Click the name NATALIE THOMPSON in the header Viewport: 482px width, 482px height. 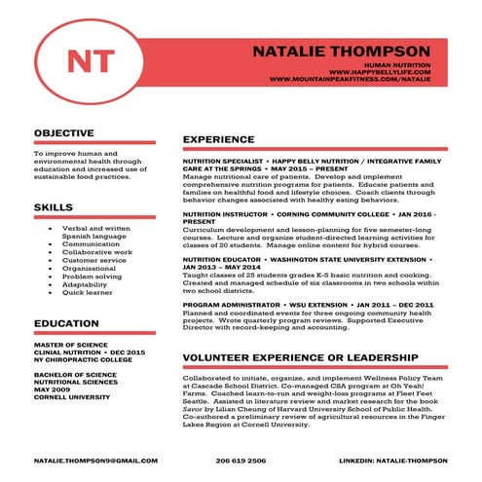pos(340,50)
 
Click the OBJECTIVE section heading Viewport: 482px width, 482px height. pos(63,132)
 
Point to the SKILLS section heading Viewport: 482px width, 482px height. pos(53,207)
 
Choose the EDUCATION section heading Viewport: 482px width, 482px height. pos(66,323)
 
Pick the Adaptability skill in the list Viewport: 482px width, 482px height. pos(86,284)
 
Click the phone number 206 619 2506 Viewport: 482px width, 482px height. pos(241,460)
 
